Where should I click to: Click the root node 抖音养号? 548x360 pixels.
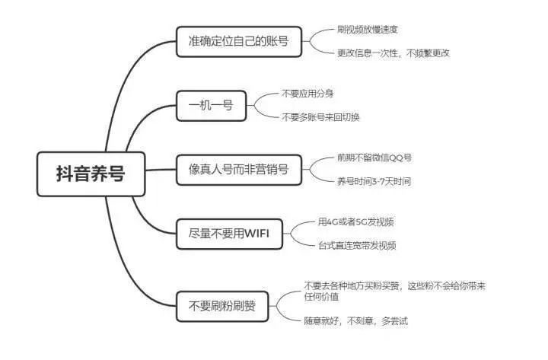[x=91, y=174]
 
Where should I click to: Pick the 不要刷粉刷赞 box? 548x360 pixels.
[x=221, y=308]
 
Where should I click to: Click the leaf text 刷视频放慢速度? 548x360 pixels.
[x=367, y=29]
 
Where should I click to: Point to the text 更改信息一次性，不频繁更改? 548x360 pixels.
[x=393, y=53]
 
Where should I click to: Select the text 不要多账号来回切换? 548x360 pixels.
[x=320, y=117]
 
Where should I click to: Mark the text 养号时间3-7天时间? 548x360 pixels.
[x=374, y=182]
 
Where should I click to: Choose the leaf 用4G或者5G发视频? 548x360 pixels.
[x=355, y=221]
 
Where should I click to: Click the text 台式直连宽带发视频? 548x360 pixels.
[x=357, y=245]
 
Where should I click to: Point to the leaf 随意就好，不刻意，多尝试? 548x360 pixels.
[x=355, y=321]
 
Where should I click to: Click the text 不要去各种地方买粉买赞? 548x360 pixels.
[x=351, y=285]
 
